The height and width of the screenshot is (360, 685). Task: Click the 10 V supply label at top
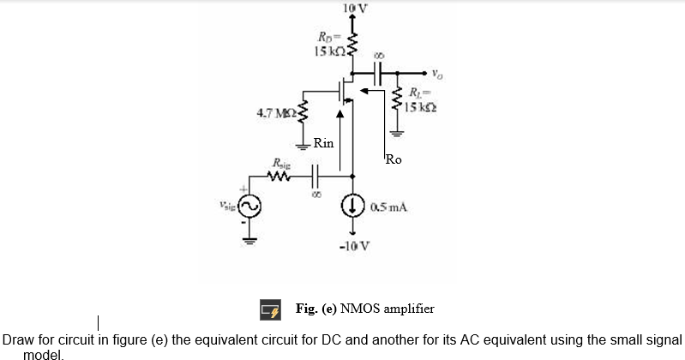tap(354, 9)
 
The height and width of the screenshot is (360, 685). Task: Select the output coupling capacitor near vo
tap(380, 73)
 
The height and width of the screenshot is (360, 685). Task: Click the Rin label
tap(324, 142)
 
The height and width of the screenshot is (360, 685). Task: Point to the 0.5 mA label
tap(388, 207)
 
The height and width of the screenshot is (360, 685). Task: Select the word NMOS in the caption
tap(359, 307)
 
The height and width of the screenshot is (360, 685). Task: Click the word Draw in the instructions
tap(19, 339)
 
